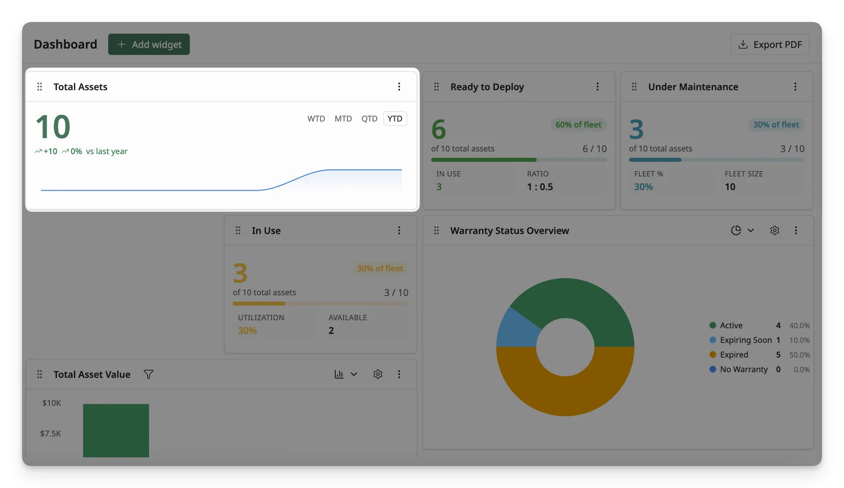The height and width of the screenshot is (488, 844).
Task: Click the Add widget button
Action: pyautogui.click(x=149, y=44)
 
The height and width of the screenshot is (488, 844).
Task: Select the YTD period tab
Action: pyautogui.click(x=395, y=119)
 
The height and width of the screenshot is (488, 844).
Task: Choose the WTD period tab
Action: pyautogui.click(x=316, y=119)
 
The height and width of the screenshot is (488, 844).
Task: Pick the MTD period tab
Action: pyautogui.click(x=343, y=119)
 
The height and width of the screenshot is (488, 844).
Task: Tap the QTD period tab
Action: pyautogui.click(x=369, y=119)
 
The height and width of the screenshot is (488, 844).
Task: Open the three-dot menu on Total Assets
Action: pyautogui.click(x=399, y=87)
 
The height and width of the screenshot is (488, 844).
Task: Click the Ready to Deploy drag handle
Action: pyautogui.click(x=437, y=87)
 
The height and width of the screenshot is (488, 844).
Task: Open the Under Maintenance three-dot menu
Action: pyautogui.click(x=795, y=87)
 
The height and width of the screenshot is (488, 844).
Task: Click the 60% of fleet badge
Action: pyautogui.click(x=578, y=124)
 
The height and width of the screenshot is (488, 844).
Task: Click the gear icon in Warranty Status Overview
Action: pyautogui.click(x=775, y=230)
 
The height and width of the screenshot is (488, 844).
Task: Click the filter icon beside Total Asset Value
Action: pyautogui.click(x=149, y=374)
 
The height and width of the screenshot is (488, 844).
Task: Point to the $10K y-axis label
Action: pyautogui.click(x=51, y=403)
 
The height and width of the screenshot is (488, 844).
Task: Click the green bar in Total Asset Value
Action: pyautogui.click(x=116, y=430)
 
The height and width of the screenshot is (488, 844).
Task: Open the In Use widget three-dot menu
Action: pyautogui.click(x=399, y=230)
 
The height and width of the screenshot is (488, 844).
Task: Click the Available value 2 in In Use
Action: pyautogui.click(x=331, y=331)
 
